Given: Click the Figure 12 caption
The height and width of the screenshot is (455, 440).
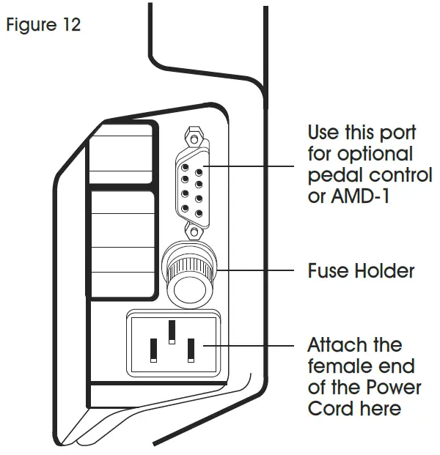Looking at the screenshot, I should click(43, 24).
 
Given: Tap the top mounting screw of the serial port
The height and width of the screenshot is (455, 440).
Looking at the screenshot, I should click(194, 137).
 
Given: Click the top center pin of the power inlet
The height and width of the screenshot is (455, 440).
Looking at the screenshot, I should click(172, 330).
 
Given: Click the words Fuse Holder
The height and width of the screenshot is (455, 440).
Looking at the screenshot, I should click(361, 271).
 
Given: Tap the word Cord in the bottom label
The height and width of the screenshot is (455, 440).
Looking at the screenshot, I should click(331, 407).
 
